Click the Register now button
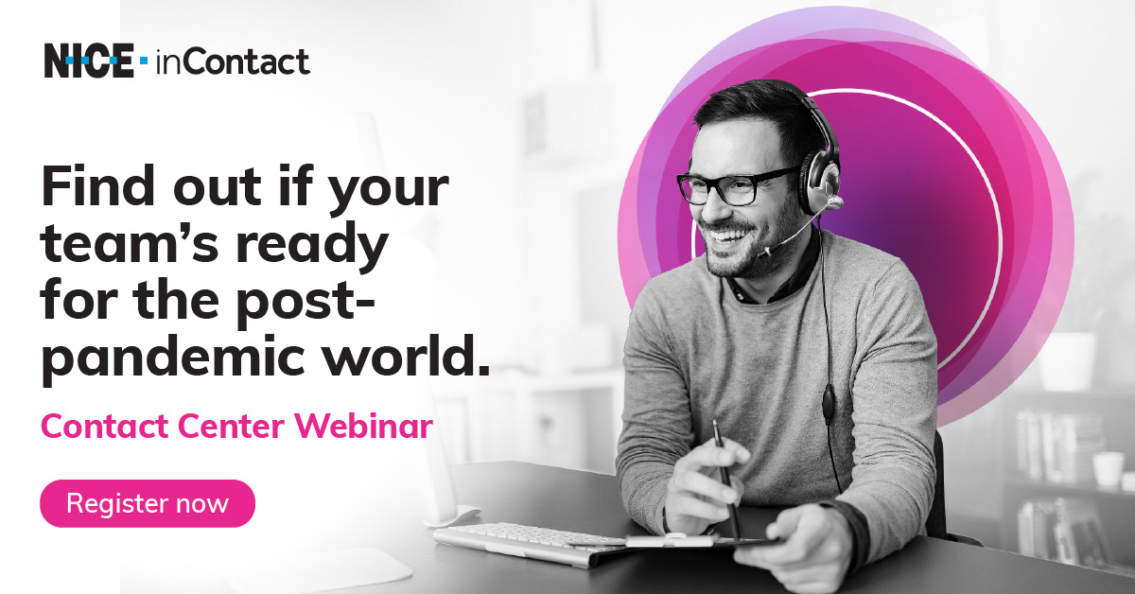coord(148,503)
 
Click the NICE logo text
coord(89,61)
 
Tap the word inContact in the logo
coord(233,62)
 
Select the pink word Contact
coord(105,427)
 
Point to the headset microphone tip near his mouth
coord(763,251)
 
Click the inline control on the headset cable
coord(828,402)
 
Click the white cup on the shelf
coord(1108,469)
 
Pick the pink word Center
coord(231,427)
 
